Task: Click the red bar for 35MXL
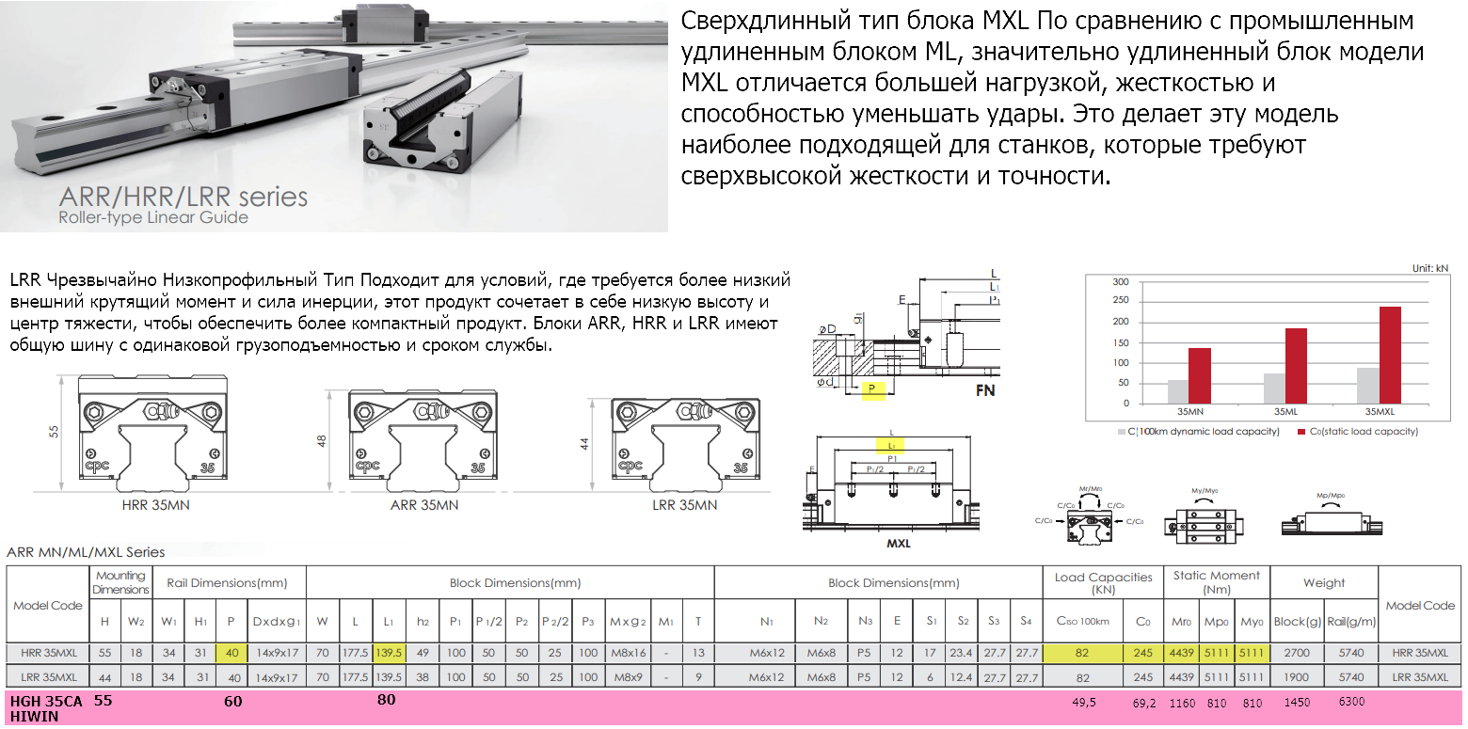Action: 1390,355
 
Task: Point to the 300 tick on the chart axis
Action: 1120,282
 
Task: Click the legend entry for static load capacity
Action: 1357,432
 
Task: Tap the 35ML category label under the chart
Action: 1286,412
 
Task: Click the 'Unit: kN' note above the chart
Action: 1429,268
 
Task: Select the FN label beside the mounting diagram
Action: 985,391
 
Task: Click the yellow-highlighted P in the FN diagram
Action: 872,389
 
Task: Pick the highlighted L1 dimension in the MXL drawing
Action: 891,445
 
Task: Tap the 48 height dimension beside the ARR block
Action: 323,441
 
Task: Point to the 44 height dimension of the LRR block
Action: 585,444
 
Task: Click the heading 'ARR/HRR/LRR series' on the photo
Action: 183,198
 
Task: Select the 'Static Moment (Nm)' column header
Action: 1216,582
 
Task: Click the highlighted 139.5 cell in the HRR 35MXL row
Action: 389,652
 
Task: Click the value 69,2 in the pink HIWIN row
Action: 1143,703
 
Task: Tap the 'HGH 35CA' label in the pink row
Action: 46,702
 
